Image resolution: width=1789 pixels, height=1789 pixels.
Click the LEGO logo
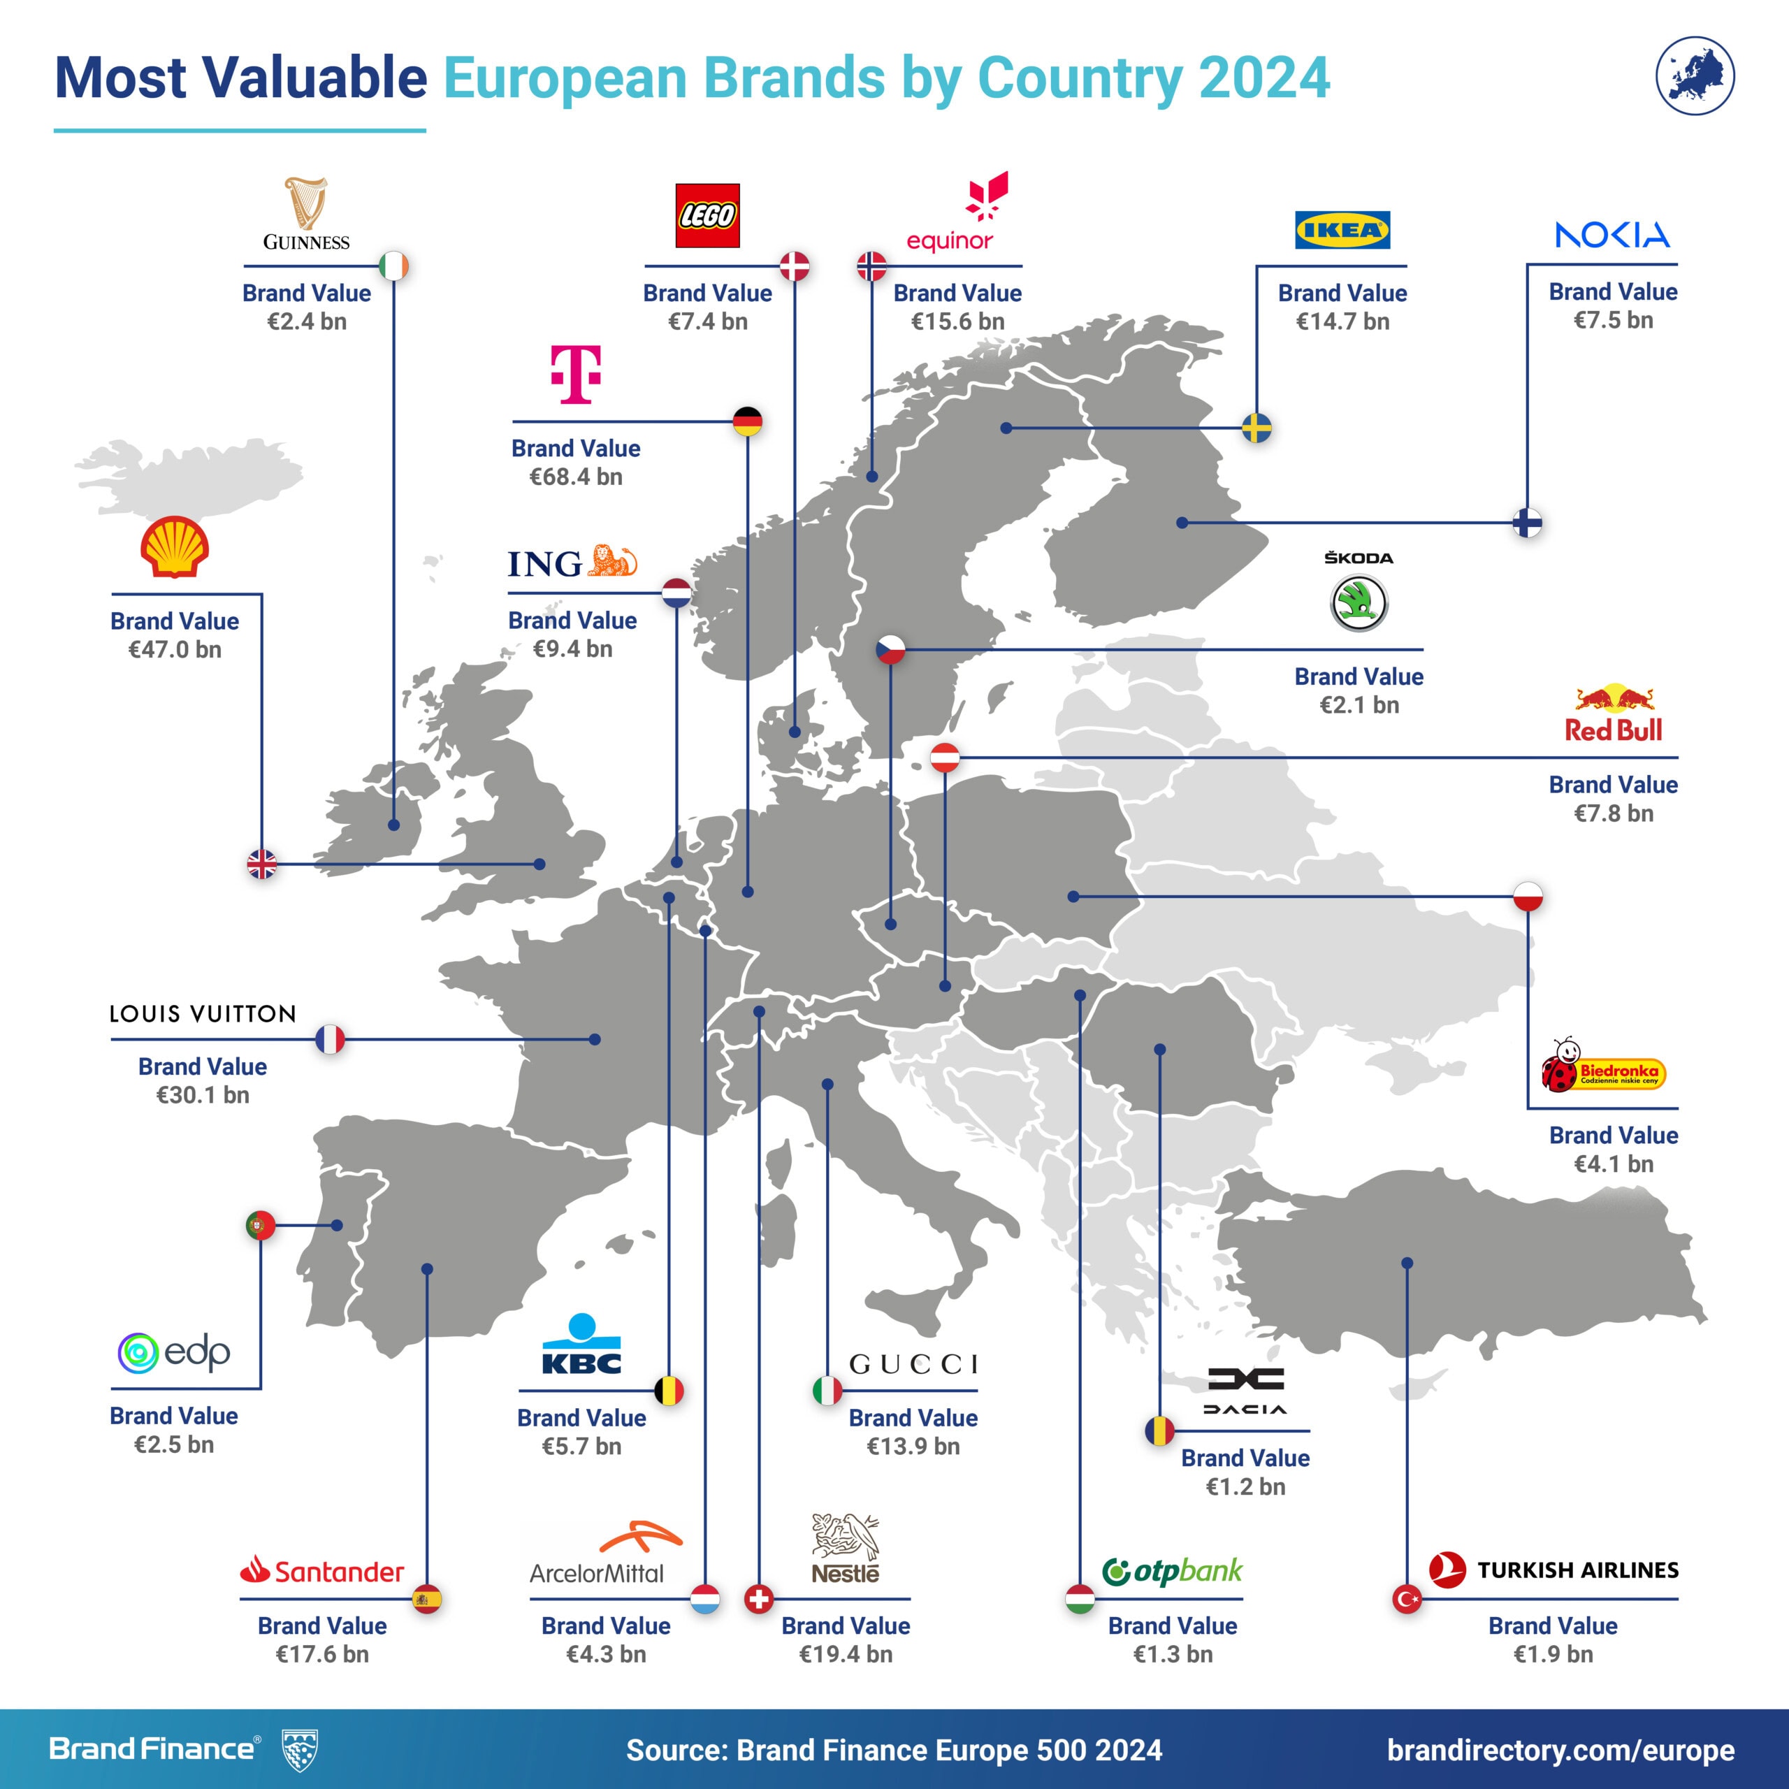click(x=707, y=216)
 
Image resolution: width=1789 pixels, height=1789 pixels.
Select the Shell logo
click(x=174, y=548)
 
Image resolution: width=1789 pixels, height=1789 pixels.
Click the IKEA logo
click(x=1342, y=231)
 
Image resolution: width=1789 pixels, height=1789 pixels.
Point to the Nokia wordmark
click(x=1612, y=236)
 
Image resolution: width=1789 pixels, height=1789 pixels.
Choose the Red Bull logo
click(x=1614, y=715)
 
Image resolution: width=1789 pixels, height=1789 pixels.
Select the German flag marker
click(x=747, y=422)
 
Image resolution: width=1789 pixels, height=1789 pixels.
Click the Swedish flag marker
click(x=1256, y=428)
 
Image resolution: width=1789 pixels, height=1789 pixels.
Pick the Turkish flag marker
click(x=1407, y=1598)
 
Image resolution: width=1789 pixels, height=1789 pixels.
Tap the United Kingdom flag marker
click(x=262, y=864)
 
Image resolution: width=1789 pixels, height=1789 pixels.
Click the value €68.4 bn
click(x=576, y=477)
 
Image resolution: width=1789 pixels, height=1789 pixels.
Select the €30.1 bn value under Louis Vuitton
click(x=203, y=1096)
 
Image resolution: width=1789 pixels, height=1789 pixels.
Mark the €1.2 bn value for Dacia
click(x=1245, y=1487)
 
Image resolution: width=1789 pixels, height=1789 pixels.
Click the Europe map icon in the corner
click(x=1695, y=76)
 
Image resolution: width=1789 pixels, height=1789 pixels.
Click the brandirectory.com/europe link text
click(x=1560, y=1751)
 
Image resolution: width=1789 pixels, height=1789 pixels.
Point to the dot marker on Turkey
click(x=1407, y=1263)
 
